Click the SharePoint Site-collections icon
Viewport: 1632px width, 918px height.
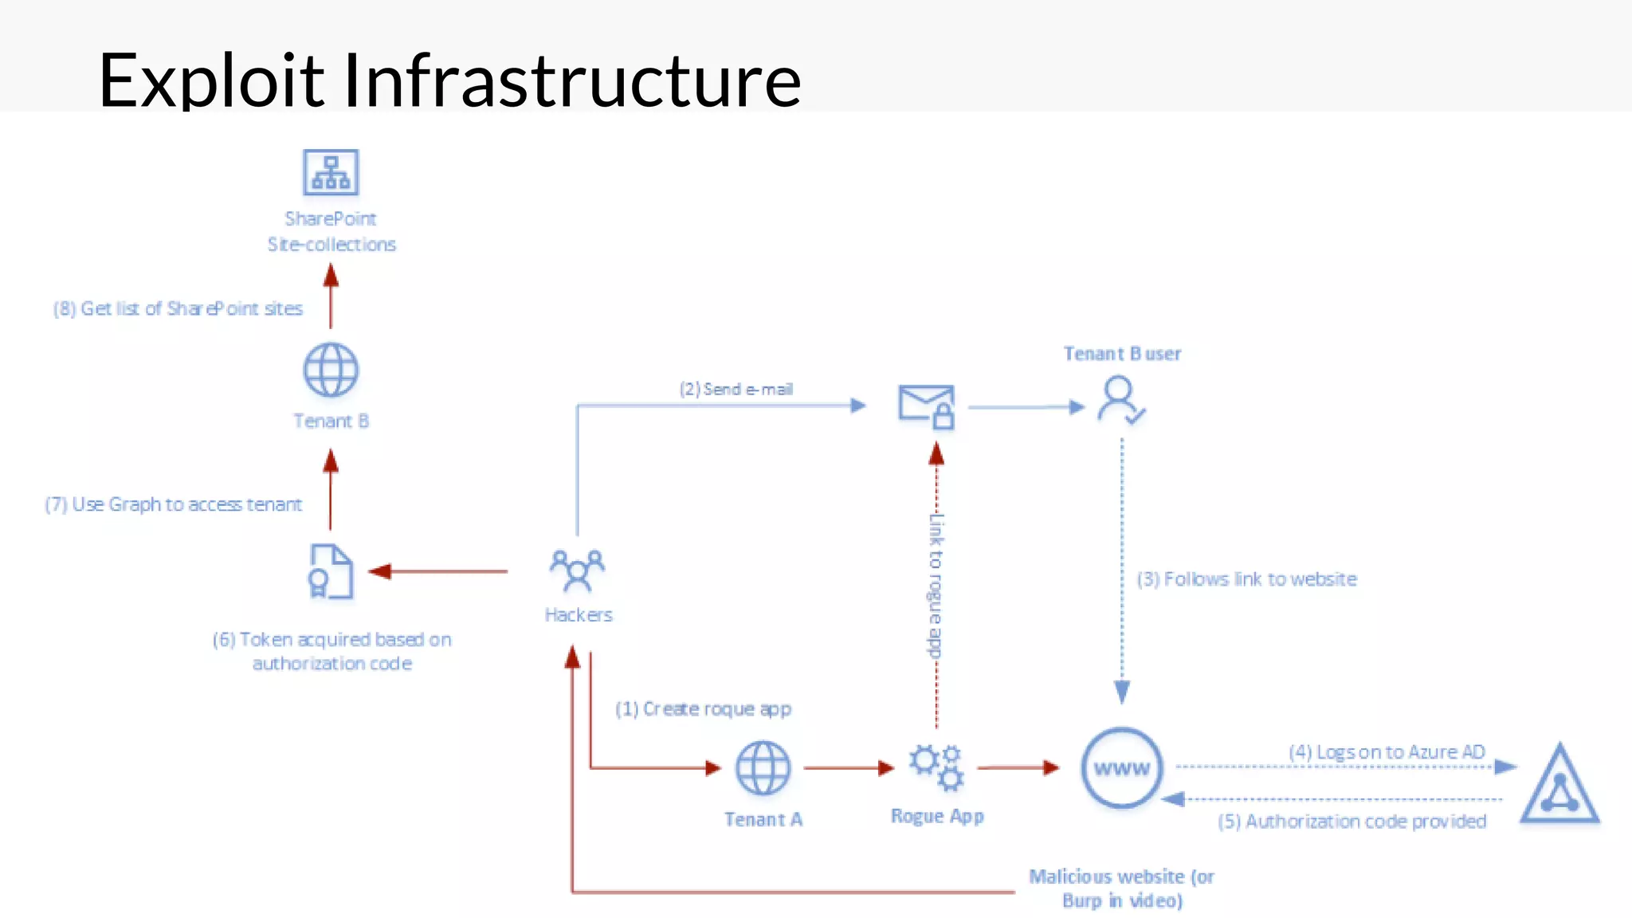click(x=331, y=172)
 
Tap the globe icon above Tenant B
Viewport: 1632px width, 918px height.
click(x=331, y=371)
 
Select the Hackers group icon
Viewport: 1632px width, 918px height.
click(x=577, y=571)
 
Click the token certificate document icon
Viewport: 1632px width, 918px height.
click(x=330, y=571)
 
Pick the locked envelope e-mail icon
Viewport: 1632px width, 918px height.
click(x=926, y=406)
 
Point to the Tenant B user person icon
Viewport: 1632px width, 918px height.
click(x=1120, y=401)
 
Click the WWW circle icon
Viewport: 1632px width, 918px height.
click(x=1122, y=768)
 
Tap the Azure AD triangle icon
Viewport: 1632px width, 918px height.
click(x=1559, y=785)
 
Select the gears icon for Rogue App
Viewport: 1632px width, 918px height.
click(x=937, y=767)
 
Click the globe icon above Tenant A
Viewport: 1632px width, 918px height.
click(x=763, y=768)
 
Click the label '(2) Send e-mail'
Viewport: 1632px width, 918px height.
click(x=736, y=389)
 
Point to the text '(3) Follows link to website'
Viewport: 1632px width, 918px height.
click(x=1246, y=579)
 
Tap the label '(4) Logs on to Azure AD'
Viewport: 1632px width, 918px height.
click(x=1387, y=751)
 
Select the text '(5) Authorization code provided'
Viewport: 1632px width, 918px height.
click(x=1351, y=822)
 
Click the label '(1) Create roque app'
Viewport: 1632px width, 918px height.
click(x=703, y=708)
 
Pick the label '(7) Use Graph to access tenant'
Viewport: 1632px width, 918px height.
click(x=174, y=504)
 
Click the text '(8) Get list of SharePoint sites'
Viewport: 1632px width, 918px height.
click(x=178, y=308)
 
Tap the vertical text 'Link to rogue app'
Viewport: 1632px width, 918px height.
click(x=936, y=586)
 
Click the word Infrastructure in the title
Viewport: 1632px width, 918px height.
click(x=571, y=80)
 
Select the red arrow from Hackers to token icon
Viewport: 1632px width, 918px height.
click(x=439, y=571)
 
